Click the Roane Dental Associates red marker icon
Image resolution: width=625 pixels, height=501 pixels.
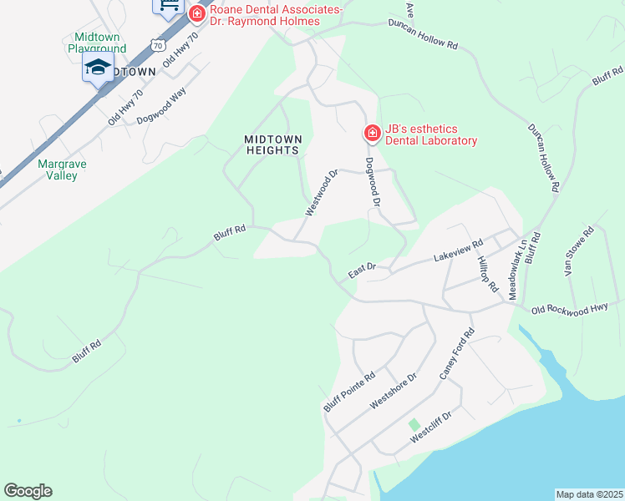pos(197,13)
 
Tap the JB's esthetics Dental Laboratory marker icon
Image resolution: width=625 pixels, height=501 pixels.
pos(372,134)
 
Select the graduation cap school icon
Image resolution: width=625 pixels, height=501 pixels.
pos(98,68)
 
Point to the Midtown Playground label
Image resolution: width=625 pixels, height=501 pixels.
pos(100,43)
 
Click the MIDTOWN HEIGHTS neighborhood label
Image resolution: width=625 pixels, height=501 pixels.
pos(272,144)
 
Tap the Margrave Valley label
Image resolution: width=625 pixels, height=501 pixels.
pos(58,170)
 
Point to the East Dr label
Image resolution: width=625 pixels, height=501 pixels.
pos(363,271)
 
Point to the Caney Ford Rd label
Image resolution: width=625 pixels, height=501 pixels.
pos(456,355)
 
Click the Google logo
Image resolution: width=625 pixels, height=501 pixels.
pos(28,491)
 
